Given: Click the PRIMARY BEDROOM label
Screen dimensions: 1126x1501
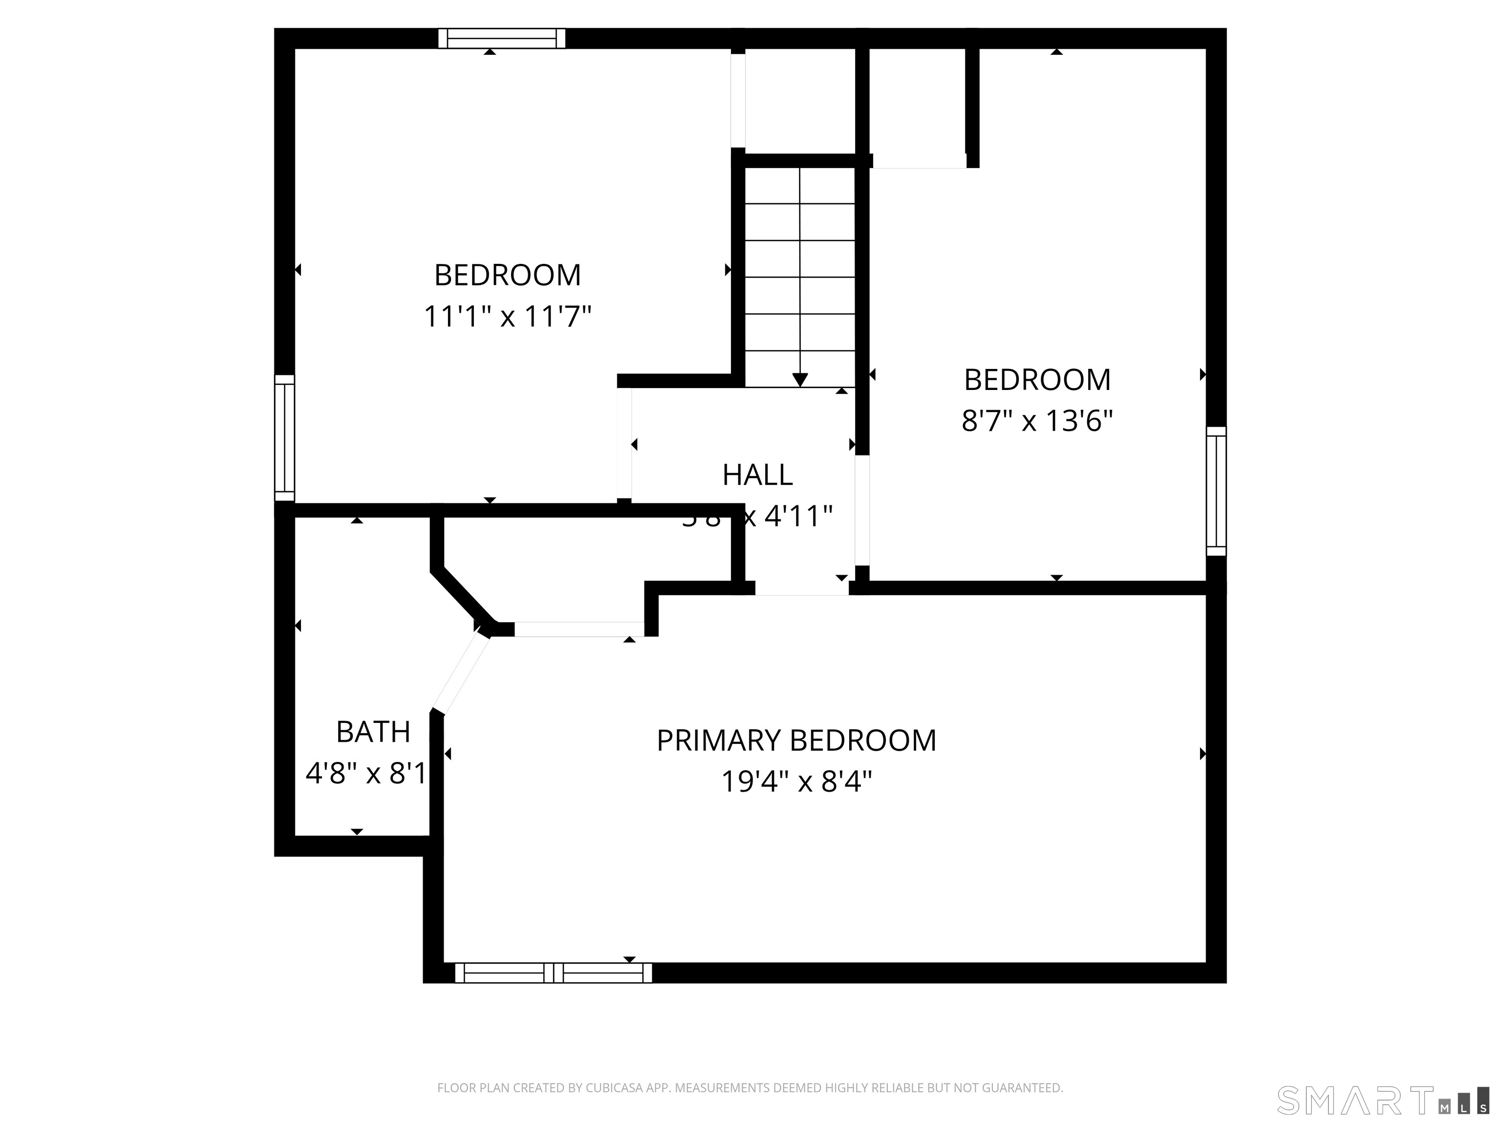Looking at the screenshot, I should (796, 740).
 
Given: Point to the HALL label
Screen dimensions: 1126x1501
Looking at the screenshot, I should (757, 475).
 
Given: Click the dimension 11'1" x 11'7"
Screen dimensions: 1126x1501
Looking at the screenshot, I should (508, 316).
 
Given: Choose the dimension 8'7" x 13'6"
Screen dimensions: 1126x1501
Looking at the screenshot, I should (1037, 421).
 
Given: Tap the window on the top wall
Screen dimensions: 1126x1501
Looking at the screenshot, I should (501, 38).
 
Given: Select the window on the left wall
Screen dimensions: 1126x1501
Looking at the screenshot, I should (284, 438).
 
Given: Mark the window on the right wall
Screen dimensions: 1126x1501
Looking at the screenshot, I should (1216, 491).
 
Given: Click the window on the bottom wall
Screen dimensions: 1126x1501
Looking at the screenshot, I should (553, 973).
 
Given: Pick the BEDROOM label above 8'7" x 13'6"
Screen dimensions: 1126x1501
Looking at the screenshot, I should (1037, 380).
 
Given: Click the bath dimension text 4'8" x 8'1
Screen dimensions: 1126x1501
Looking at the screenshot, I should (366, 774).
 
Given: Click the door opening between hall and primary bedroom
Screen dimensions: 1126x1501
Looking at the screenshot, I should (801, 588).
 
